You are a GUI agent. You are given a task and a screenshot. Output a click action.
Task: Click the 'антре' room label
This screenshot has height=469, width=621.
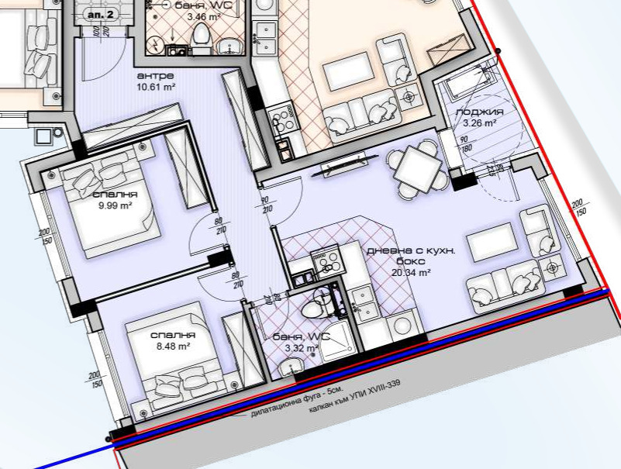155,76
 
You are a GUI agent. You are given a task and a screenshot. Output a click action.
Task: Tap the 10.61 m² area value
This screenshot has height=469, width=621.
156,87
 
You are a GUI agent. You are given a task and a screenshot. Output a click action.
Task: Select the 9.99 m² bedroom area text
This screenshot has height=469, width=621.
116,205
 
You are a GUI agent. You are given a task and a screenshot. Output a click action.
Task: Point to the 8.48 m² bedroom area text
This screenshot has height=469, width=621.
174,347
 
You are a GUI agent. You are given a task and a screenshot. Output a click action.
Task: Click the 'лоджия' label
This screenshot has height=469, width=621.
480,112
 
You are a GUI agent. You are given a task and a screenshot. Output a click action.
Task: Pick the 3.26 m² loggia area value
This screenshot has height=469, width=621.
480,123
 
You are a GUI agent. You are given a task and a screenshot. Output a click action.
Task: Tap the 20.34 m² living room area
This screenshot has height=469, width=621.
411,273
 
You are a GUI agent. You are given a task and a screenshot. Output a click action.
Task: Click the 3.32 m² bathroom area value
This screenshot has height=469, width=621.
302,348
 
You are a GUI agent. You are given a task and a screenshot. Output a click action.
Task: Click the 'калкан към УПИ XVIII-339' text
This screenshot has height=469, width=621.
355,396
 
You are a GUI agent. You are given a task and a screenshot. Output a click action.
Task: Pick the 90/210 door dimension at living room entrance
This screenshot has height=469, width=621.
266,205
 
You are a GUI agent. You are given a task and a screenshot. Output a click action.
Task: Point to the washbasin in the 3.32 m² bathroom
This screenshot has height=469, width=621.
290,367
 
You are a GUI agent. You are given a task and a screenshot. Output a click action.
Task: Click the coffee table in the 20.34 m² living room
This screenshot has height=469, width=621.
492,242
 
